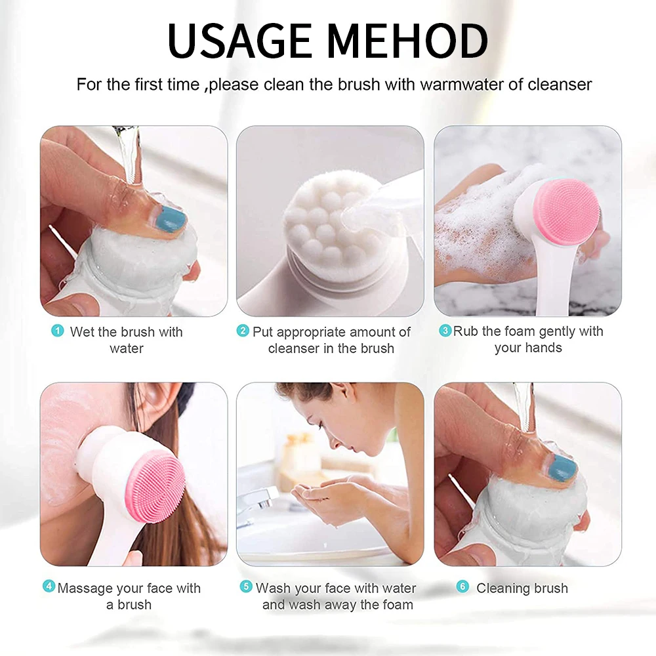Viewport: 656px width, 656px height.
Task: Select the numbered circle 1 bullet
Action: pyautogui.click(x=58, y=331)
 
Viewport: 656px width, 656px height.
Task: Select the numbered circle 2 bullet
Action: pyautogui.click(x=243, y=331)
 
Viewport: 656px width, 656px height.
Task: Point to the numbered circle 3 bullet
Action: pyautogui.click(x=445, y=331)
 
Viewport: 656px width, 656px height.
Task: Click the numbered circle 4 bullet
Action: pyautogui.click(x=49, y=586)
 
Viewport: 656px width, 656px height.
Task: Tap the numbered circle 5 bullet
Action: pyautogui.click(x=246, y=586)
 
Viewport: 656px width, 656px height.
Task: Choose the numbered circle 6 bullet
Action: pyautogui.click(x=462, y=586)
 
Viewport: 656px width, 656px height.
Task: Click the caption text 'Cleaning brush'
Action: pyautogui.click(x=522, y=588)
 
